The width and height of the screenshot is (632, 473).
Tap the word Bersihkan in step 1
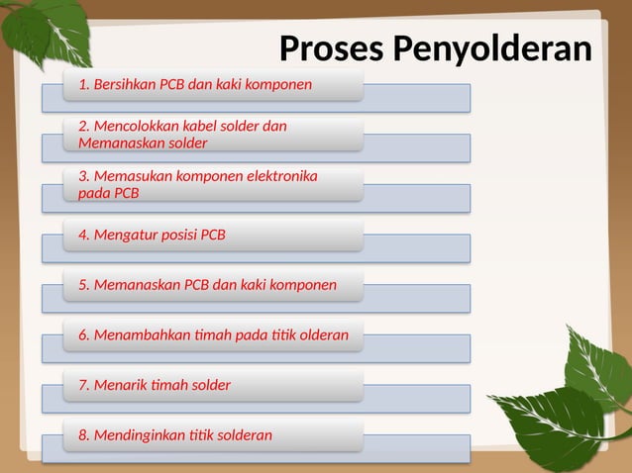pos(124,84)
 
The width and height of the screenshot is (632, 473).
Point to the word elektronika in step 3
pos(280,176)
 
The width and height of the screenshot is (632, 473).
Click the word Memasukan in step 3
pos(131,176)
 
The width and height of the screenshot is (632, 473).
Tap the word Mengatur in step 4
pos(124,236)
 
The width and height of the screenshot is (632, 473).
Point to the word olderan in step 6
pos(320,335)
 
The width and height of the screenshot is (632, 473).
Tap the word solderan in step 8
pos(244,434)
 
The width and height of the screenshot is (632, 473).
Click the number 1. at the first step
pos(83,84)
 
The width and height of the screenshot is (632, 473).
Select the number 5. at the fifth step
pos(84,286)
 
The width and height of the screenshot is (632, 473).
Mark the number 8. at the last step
pos(84,434)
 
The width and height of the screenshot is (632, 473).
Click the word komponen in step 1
pos(277,84)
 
